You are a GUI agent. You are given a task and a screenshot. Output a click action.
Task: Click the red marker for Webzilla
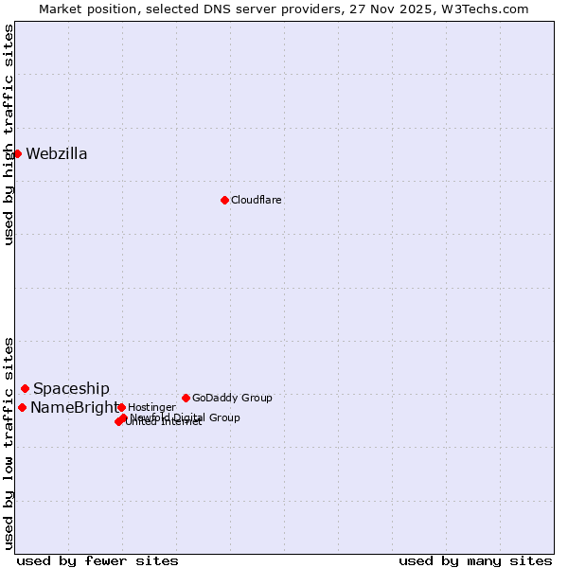pos(17,153)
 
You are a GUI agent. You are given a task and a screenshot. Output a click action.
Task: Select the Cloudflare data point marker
pos(224,200)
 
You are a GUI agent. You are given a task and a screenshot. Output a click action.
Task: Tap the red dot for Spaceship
pos(25,388)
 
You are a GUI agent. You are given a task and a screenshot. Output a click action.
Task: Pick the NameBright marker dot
pos(22,407)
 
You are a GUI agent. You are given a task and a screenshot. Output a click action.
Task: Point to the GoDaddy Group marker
pos(186,398)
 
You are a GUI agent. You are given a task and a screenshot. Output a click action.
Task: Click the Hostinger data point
pos(121,407)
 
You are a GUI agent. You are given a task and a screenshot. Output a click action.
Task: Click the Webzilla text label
pos(57,154)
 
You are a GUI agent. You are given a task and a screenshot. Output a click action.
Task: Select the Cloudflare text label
pos(257,200)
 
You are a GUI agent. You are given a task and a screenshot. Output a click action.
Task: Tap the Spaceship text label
pos(71,389)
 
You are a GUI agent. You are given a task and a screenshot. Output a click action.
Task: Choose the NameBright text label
pos(74,408)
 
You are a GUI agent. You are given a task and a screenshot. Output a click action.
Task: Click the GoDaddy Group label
pos(232,398)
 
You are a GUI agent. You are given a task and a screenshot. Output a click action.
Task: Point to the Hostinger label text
pos(151,407)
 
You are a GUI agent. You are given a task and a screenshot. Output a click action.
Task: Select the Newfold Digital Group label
pos(186,417)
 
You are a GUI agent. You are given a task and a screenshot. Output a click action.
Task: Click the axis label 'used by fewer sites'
pos(98,560)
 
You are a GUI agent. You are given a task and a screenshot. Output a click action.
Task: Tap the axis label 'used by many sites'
pos(475,560)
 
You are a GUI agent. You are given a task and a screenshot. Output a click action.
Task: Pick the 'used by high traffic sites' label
pos(9,134)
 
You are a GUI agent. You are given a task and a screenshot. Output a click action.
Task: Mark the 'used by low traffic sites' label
pos(9,442)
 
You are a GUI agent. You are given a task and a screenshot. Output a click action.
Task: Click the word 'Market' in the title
pos(61,9)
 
